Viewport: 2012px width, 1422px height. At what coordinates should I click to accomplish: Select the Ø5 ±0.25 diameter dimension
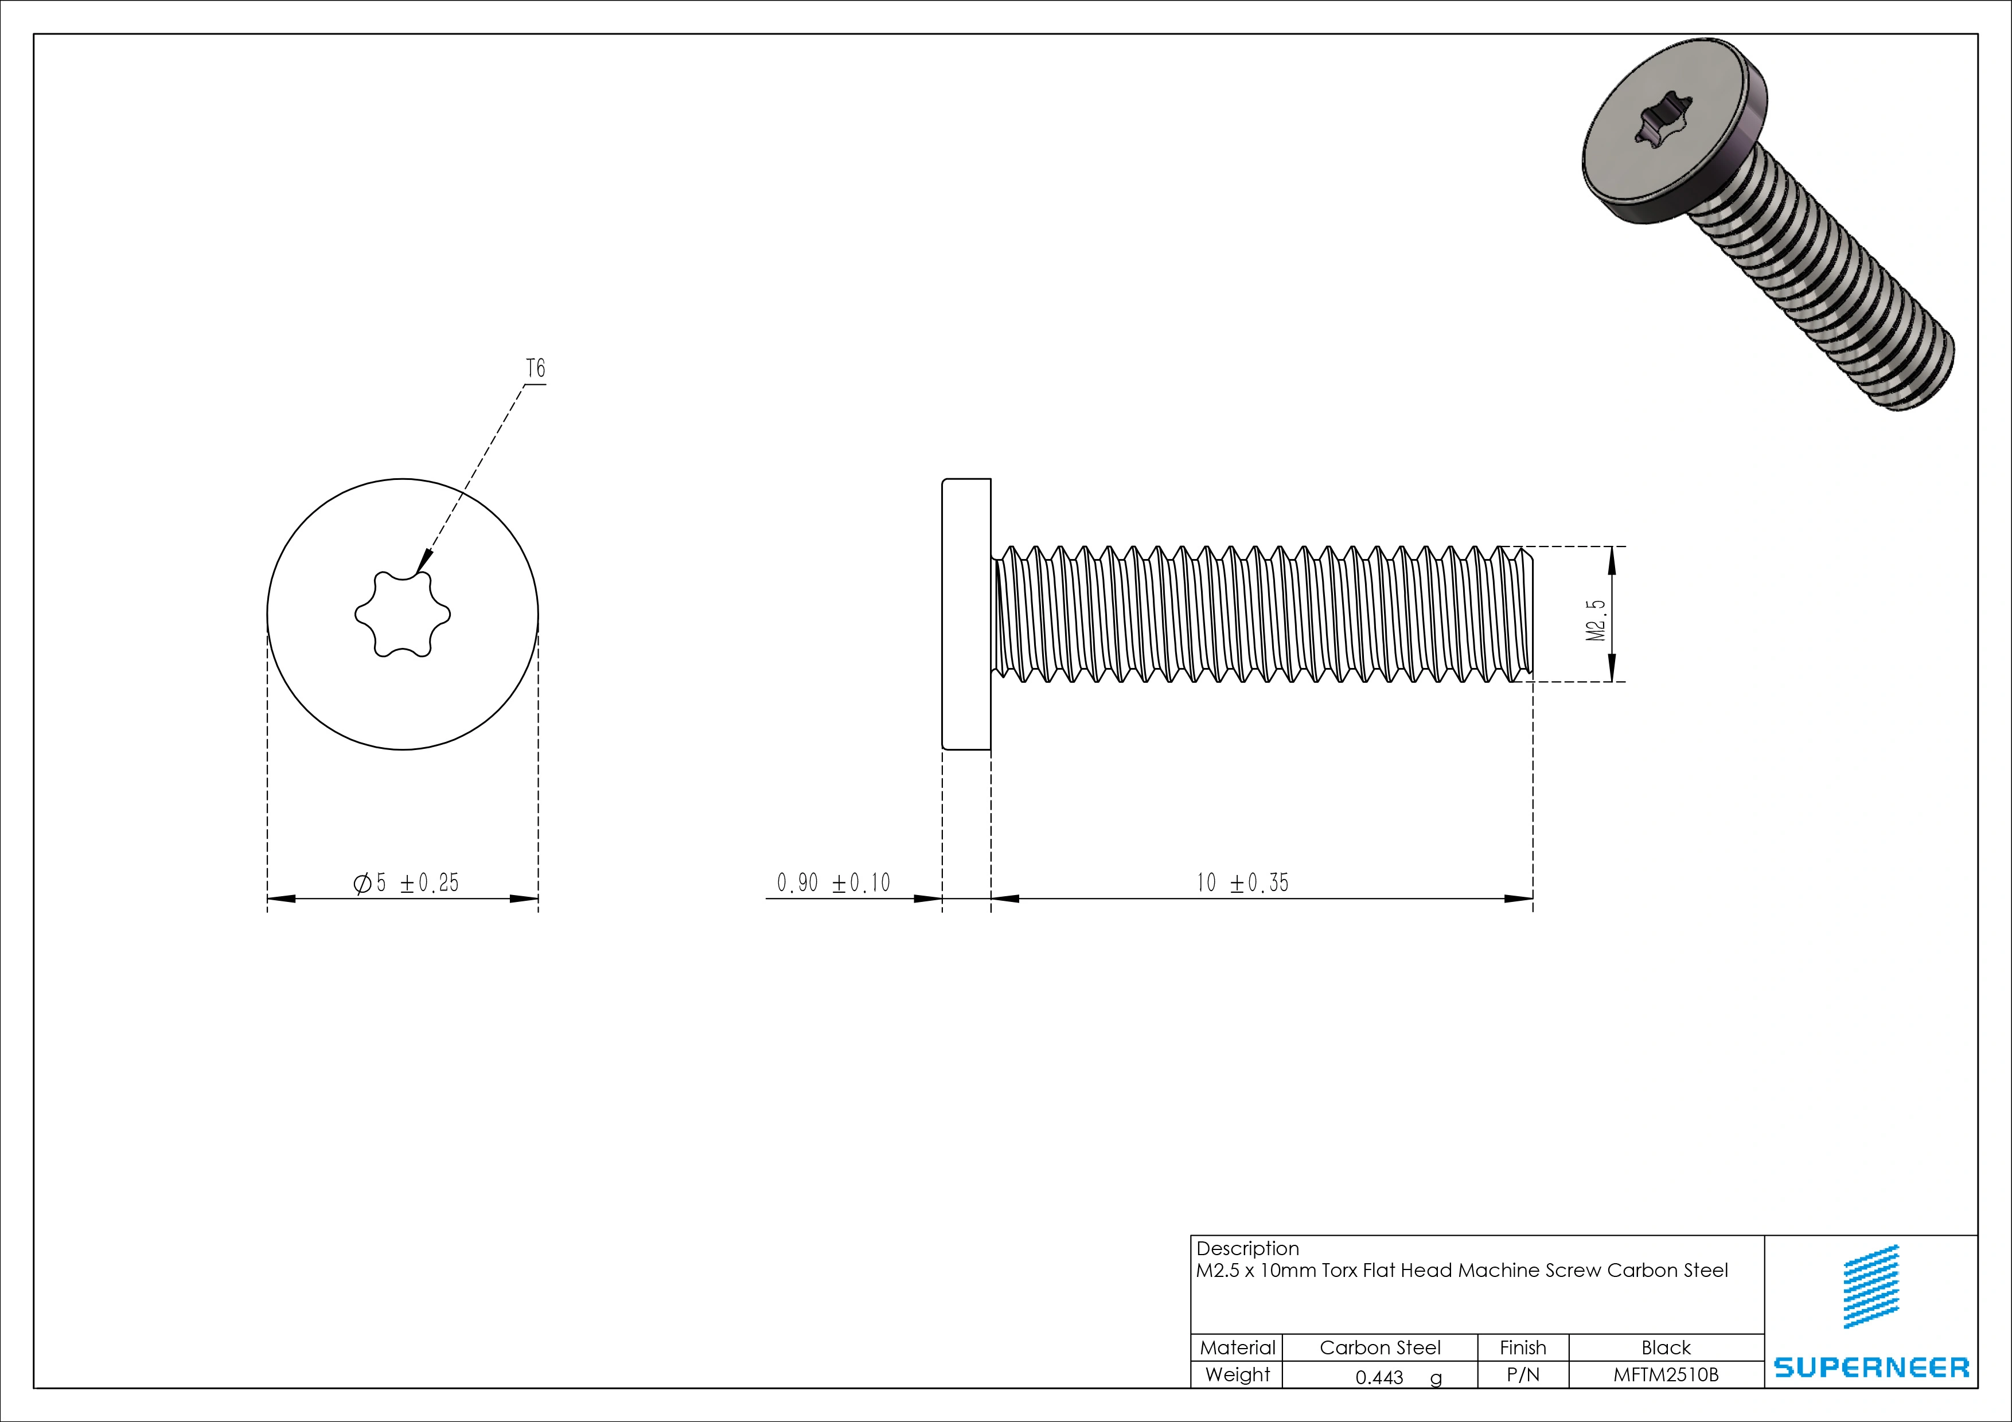405,883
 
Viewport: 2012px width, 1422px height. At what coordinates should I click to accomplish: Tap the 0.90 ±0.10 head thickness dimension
833,883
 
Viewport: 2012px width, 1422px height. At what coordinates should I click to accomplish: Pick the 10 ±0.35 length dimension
1243,883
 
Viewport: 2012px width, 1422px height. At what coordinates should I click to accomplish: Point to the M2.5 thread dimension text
1597,620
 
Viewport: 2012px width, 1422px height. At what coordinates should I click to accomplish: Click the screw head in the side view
966,614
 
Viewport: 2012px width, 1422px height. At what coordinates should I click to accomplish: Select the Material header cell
1237,1347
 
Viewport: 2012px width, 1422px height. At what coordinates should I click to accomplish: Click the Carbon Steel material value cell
1379,1347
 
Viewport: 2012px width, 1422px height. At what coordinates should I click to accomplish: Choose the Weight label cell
1237,1374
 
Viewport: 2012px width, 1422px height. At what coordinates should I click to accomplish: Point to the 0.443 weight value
1379,1377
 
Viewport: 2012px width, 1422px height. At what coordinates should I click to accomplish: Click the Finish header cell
1522,1347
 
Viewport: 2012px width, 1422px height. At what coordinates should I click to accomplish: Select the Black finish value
1665,1347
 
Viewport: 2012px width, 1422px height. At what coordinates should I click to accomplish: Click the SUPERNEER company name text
1871,1368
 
